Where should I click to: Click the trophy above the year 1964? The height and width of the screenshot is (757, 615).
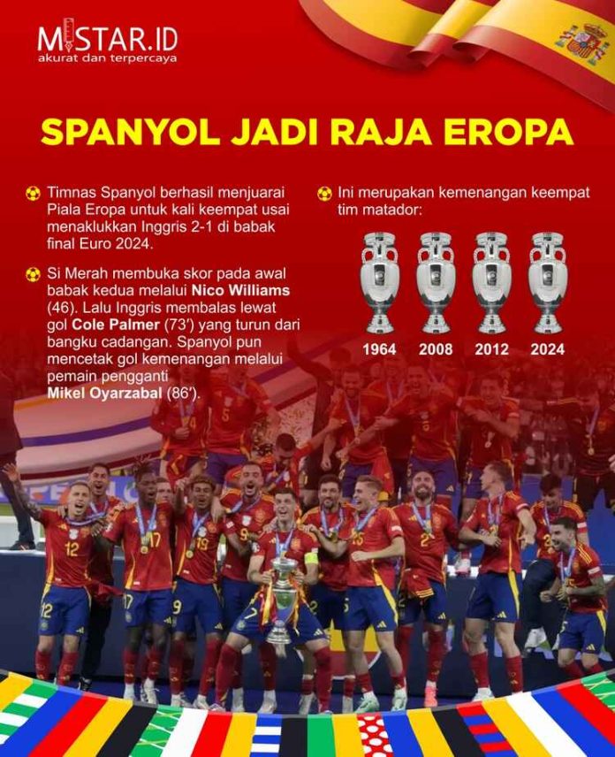(x=379, y=281)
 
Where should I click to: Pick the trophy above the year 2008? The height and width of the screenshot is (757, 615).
(x=435, y=281)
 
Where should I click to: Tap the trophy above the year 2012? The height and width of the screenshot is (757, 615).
(x=491, y=281)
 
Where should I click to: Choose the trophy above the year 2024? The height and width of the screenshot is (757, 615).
(x=547, y=281)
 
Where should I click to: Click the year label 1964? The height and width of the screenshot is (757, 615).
(x=379, y=349)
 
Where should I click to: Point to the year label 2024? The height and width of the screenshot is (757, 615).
(x=547, y=349)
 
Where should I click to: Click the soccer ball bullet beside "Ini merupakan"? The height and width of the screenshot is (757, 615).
(x=325, y=193)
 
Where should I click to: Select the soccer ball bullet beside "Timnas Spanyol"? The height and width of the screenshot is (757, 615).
(x=34, y=193)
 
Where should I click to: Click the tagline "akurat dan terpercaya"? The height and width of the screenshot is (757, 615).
(x=107, y=58)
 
